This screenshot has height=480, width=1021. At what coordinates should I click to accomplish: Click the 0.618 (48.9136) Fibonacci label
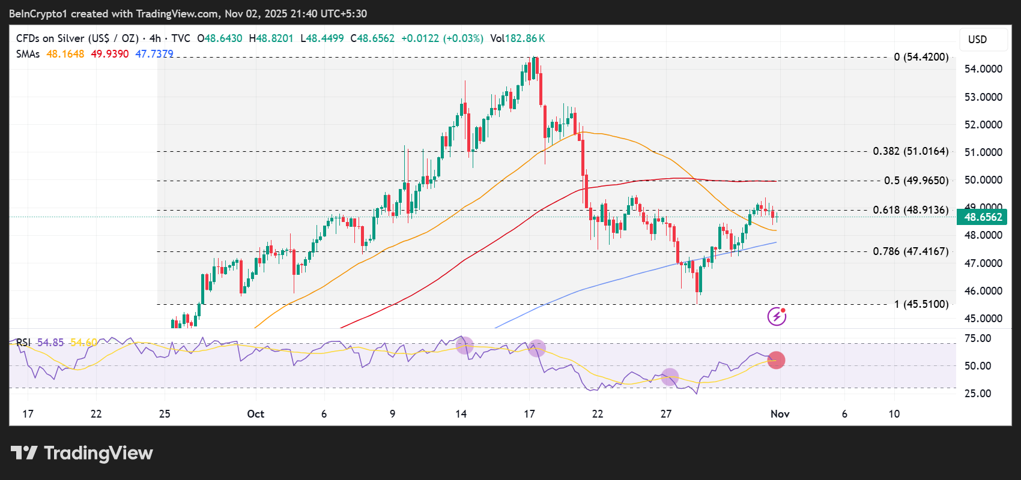pyautogui.click(x=910, y=210)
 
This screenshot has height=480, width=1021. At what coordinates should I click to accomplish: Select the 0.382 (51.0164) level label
pyautogui.click(x=910, y=151)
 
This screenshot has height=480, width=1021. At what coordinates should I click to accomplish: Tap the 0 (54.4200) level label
pyautogui.click(x=921, y=57)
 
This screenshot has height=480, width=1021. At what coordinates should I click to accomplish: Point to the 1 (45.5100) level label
pyautogui.click(x=921, y=304)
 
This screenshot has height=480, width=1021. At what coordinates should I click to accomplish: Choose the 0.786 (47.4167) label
pyautogui.click(x=910, y=251)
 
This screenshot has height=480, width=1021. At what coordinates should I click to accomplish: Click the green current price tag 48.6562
pyautogui.click(x=983, y=217)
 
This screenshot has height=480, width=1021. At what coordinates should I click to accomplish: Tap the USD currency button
pyautogui.click(x=977, y=40)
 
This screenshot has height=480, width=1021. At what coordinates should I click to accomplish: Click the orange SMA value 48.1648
pyautogui.click(x=65, y=54)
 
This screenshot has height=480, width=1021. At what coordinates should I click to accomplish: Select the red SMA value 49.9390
pyautogui.click(x=109, y=54)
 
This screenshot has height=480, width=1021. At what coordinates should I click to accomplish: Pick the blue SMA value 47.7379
pyautogui.click(x=154, y=54)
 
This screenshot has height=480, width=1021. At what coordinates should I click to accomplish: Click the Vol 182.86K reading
pyautogui.click(x=517, y=38)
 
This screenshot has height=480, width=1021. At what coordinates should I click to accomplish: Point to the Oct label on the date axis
pyautogui.click(x=255, y=414)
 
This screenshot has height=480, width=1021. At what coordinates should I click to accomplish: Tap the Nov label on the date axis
pyautogui.click(x=780, y=414)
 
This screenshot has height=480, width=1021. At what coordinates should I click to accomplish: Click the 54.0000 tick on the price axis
pyautogui.click(x=983, y=69)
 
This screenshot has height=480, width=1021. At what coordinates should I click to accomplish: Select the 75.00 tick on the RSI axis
pyautogui.click(x=977, y=338)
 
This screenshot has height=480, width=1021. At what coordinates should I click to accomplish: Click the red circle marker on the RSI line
pyautogui.click(x=776, y=360)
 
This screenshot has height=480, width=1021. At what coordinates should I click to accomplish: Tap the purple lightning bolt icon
pyautogui.click(x=777, y=316)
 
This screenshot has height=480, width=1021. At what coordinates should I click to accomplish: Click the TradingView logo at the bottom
pyautogui.click(x=82, y=453)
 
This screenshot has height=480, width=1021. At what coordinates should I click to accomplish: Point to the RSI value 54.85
pyautogui.click(x=50, y=343)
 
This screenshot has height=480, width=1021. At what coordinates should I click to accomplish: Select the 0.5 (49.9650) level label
pyautogui.click(x=916, y=181)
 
